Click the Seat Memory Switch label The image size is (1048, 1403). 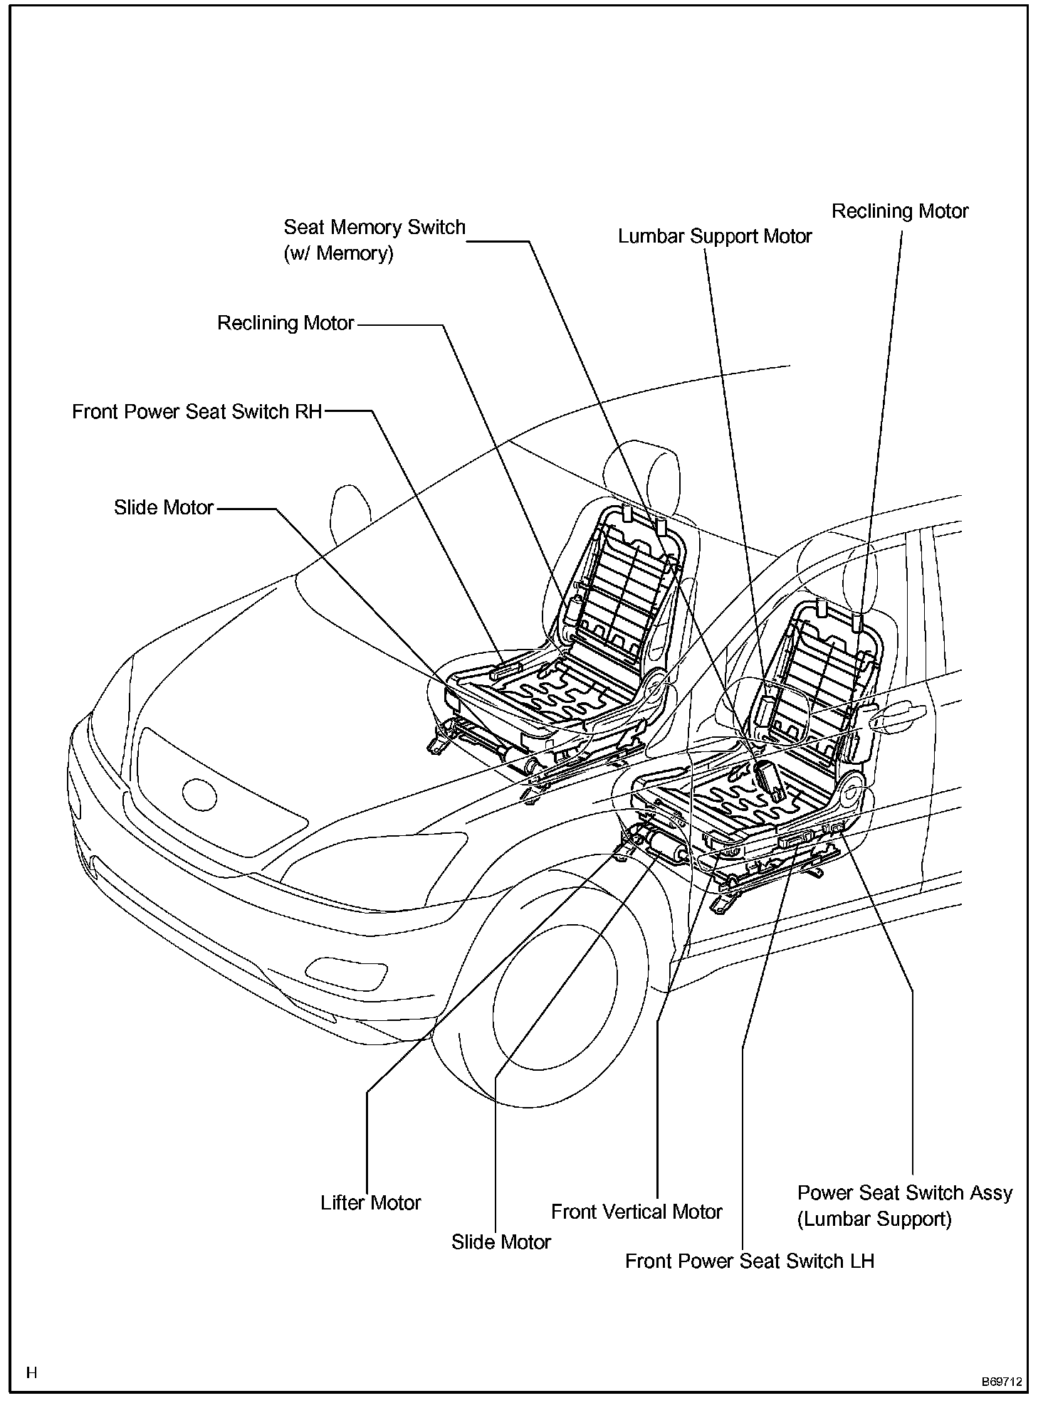pyautogui.click(x=374, y=228)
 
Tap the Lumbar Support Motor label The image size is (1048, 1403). pyautogui.click(x=714, y=237)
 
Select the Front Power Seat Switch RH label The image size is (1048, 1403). pyautogui.click(x=197, y=412)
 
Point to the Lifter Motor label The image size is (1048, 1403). pyautogui.click(x=371, y=1203)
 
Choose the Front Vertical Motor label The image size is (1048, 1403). pyautogui.click(x=636, y=1212)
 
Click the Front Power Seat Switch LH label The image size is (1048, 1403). pyautogui.click(x=749, y=1261)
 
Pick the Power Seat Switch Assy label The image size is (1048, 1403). pyautogui.click(x=904, y=1193)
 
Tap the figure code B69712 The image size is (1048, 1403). pyautogui.click(x=1002, y=1381)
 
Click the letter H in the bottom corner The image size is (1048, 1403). pyautogui.click(x=31, y=1372)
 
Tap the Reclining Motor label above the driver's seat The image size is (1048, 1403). pyautogui.click(x=900, y=212)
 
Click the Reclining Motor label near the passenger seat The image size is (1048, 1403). pyautogui.click(x=285, y=324)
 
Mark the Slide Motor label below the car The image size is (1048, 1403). pyautogui.click(x=501, y=1242)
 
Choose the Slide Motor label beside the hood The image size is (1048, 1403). pyautogui.click(x=164, y=508)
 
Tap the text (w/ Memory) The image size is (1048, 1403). pyautogui.click(x=338, y=254)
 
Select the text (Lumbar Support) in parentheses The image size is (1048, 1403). pyautogui.click(x=874, y=1219)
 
